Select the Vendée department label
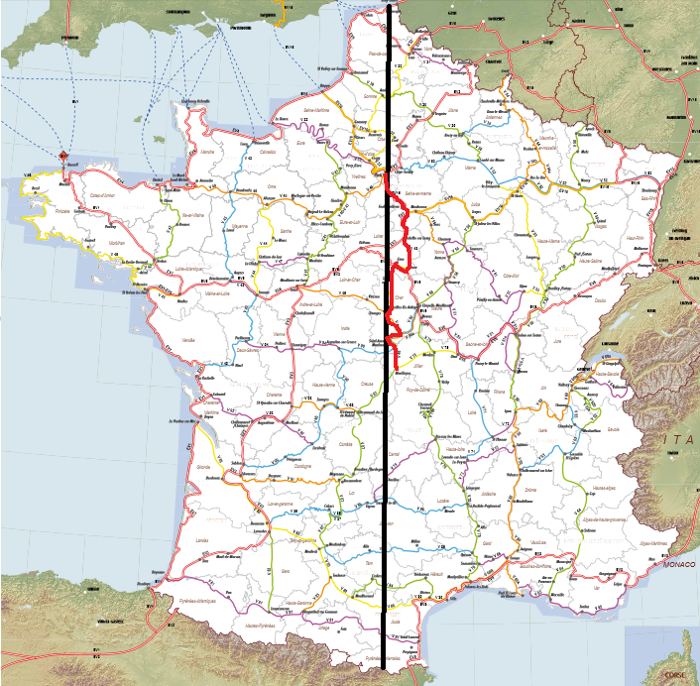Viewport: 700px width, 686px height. tap(188, 340)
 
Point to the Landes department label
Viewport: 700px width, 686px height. tap(203, 539)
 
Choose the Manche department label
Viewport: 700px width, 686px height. tap(207, 152)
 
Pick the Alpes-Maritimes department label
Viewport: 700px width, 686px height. tap(653, 543)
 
